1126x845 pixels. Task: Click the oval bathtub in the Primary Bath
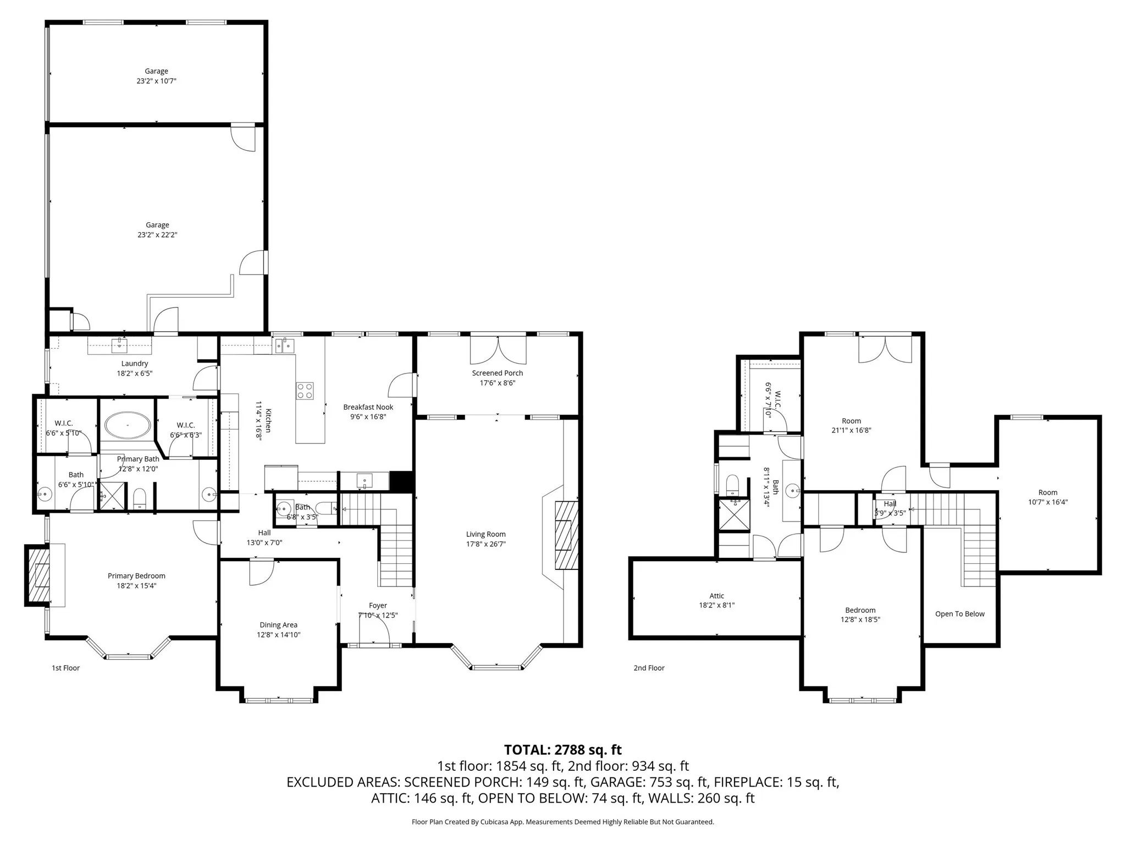click(x=128, y=425)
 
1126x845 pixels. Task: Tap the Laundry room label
click(x=135, y=364)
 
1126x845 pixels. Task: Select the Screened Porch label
click(x=498, y=373)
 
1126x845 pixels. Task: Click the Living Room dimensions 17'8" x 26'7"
click(x=485, y=544)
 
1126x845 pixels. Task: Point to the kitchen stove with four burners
click(x=305, y=391)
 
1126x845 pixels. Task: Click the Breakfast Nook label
click(x=368, y=407)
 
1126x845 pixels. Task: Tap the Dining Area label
click(x=279, y=625)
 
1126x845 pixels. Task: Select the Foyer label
click(x=378, y=606)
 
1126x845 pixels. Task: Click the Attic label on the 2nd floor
click(x=717, y=596)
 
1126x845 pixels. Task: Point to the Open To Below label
click(x=960, y=614)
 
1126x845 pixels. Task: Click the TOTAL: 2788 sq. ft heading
click(x=563, y=750)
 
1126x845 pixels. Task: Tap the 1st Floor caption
click(x=66, y=668)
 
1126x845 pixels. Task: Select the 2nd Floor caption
click(x=649, y=668)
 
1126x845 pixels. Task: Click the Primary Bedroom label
click(x=136, y=576)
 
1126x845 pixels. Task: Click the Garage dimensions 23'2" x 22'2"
click(x=157, y=235)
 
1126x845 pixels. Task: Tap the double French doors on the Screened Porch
click(x=498, y=350)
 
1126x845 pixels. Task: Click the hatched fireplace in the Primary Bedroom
click(x=37, y=575)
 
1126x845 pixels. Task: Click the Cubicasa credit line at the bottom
click(x=563, y=822)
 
